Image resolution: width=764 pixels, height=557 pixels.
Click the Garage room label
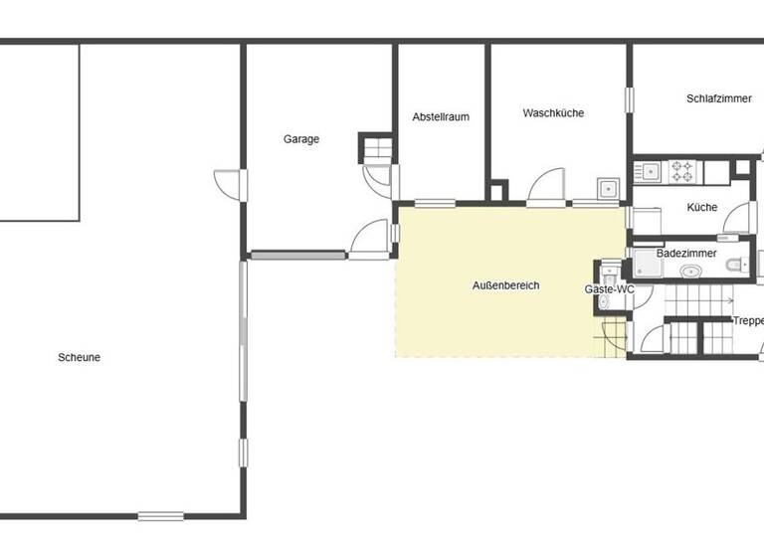click(x=301, y=139)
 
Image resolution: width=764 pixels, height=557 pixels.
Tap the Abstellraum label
click(x=441, y=116)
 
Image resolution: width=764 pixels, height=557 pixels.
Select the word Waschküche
click(x=553, y=113)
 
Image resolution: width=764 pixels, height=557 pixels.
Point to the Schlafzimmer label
click(x=717, y=98)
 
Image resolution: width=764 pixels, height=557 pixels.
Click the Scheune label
click(x=80, y=357)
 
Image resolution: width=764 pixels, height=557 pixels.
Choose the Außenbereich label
click(x=505, y=285)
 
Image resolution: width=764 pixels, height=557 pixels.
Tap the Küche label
click(x=702, y=208)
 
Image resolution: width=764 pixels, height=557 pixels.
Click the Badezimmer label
click(x=686, y=254)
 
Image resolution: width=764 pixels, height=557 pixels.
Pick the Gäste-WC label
click(x=609, y=288)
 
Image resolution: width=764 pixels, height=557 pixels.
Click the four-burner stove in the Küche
click(x=682, y=172)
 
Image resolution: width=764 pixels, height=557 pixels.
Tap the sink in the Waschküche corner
click(x=608, y=188)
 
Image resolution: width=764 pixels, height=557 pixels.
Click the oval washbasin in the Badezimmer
click(x=689, y=270)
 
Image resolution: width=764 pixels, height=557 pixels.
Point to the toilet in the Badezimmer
click(x=736, y=264)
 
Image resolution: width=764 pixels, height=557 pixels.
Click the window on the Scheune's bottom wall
click(x=160, y=515)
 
